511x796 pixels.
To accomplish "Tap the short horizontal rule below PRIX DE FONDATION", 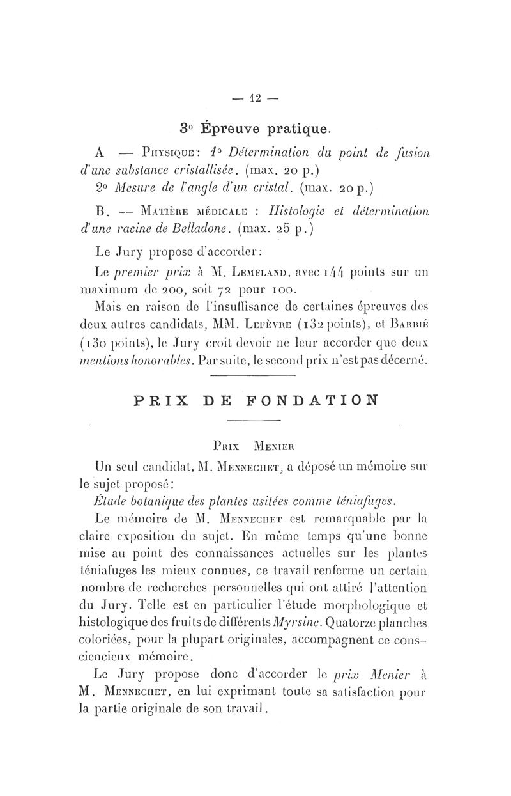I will coord(254,420).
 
